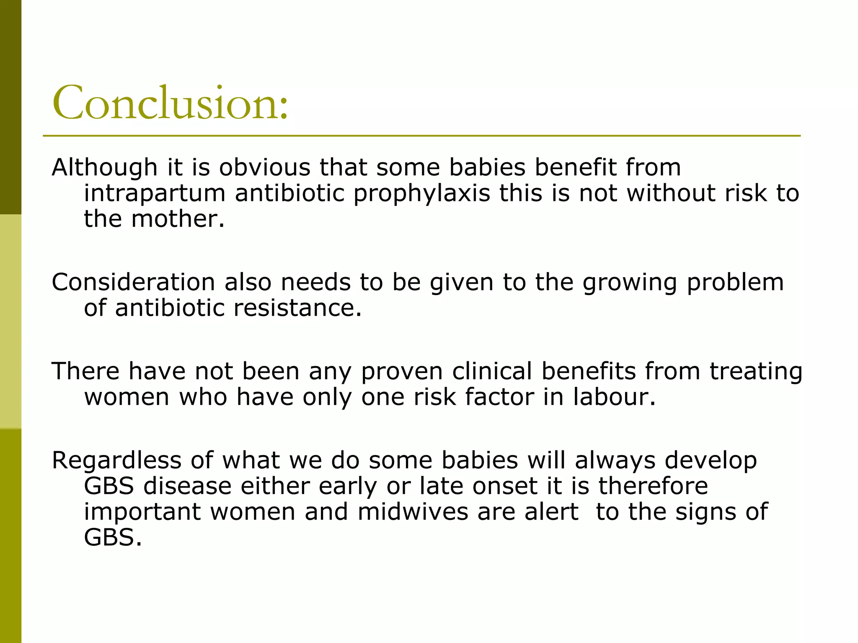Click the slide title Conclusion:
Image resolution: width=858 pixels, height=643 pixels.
170,103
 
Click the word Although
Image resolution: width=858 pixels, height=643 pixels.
104,167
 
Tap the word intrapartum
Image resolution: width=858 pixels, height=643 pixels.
155,194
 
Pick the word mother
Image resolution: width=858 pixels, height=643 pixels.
178,219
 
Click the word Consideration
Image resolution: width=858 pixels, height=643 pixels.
133,282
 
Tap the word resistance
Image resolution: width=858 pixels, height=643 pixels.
297,308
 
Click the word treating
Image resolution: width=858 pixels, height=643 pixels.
756,372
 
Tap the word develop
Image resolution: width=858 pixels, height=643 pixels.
711,460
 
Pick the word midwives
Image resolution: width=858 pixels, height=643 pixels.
413,512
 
